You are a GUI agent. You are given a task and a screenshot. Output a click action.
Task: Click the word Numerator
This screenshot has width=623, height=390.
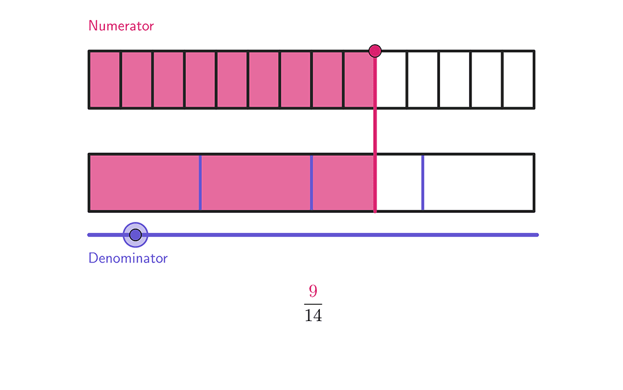click(121, 26)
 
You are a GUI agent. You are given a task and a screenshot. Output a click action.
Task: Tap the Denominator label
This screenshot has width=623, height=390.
click(128, 258)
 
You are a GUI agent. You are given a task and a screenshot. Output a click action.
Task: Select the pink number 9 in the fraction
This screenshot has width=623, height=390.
click(313, 291)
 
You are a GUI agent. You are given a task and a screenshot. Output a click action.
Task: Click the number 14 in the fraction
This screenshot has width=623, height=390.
click(313, 315)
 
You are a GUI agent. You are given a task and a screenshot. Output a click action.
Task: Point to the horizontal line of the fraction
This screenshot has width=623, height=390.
click(313, 304)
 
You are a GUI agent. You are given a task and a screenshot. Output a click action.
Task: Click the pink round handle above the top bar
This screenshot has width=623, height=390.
click(375, 51)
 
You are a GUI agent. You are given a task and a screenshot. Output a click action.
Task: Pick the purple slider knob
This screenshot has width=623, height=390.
click(135, 235)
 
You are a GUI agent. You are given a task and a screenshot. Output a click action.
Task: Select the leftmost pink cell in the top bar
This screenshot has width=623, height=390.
click(105, 80)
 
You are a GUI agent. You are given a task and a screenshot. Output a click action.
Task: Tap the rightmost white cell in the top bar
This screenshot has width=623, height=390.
click(518, 80)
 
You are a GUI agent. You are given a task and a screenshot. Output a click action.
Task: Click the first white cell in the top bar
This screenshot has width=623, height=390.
click(391, 80)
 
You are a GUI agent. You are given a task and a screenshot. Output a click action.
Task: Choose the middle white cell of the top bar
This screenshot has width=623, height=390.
click(455, 80)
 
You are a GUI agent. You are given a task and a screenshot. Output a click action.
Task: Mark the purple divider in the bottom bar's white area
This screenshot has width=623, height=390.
click(423, 183)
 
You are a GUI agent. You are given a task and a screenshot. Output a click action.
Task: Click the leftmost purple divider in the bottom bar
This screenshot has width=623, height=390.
click(200, 183)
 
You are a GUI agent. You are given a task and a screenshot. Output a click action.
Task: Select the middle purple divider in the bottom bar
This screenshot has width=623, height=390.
click(311, 183)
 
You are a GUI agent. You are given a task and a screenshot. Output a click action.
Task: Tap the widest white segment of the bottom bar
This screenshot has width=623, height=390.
click(478, 183)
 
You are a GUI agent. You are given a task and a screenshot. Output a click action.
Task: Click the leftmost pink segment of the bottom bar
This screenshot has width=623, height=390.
click(145, 183)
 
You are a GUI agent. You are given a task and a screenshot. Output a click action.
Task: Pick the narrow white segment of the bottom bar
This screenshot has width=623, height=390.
click(399, 183)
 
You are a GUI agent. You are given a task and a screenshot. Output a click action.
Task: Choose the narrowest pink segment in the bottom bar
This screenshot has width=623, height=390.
click(343, 183)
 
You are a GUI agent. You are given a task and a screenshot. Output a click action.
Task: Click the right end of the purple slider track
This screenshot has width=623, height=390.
click(537, 235)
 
